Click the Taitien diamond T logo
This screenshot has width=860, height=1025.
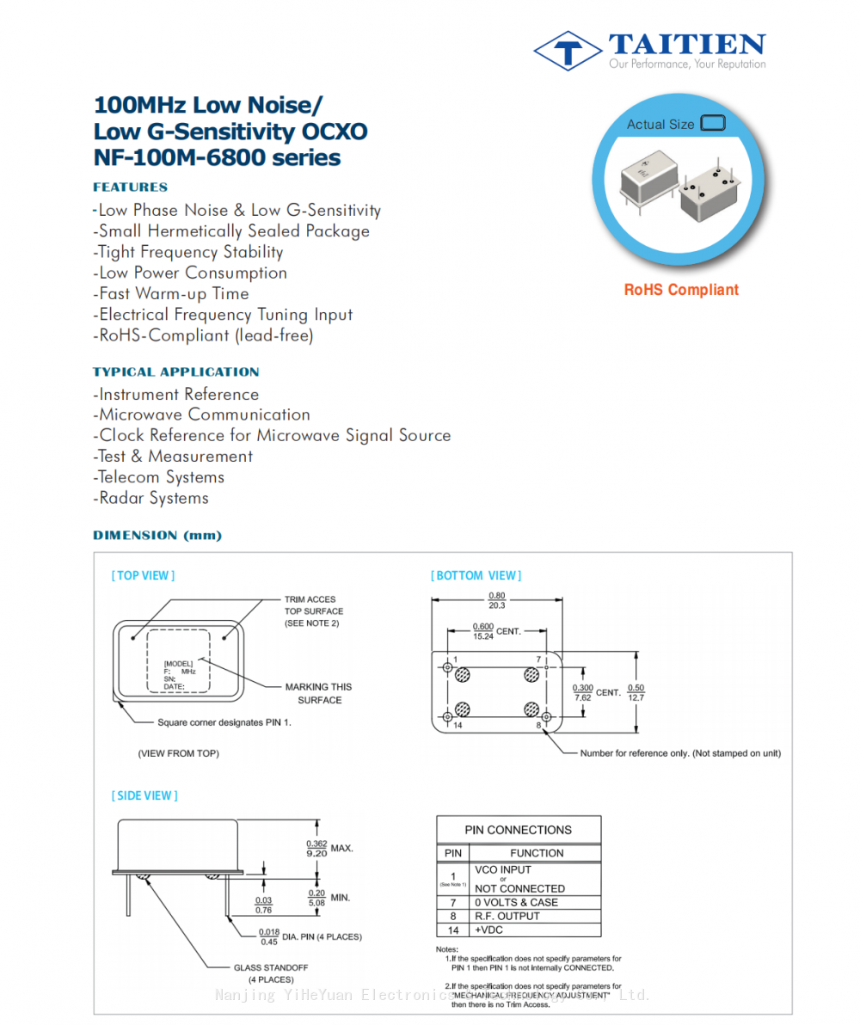(x=568, y=51)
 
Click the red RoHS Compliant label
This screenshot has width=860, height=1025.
(x=681, y=290)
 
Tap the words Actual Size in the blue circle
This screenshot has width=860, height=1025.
(x=660, y=125)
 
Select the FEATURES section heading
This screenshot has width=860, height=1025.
(x=131, y=187)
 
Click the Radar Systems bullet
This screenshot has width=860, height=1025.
(x=151, y=499)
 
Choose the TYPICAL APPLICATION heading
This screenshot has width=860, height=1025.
(x=176, y=372)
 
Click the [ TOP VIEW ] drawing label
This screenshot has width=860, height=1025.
(x=143, y=576)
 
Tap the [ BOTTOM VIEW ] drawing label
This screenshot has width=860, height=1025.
(x=476, y=576)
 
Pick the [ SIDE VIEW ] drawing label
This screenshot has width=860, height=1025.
(x=144, y=796)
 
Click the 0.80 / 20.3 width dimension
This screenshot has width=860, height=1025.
(x=497, y=600)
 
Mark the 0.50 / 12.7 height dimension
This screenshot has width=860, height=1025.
(x=636, y=692)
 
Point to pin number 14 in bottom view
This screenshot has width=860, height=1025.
(x=458, y=726)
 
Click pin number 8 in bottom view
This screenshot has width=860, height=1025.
(x=538, y=726)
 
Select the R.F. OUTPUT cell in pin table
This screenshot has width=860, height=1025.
(x=507, y=917)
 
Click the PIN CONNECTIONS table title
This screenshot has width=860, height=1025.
(x=518, y=831)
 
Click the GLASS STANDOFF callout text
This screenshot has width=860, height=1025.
(x=271, y=968)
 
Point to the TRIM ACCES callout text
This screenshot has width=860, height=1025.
(x=310, y=600)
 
